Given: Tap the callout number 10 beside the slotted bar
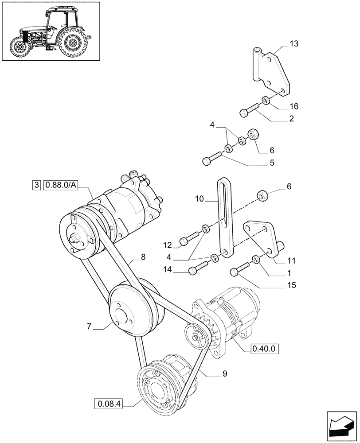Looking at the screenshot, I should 200,200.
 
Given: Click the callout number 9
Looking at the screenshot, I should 225,373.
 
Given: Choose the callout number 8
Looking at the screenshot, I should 143,256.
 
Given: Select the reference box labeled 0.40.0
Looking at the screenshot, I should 264,349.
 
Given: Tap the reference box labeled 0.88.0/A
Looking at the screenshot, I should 60,185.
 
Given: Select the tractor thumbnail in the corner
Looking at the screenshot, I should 50,31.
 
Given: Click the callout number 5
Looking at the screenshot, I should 271,163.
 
